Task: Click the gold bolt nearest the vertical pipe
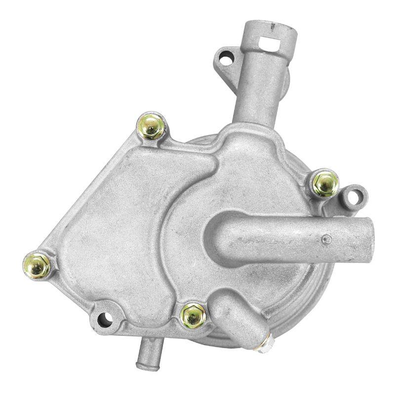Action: point(152,126)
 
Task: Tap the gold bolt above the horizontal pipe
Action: point(326,183)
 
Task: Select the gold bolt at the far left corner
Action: point(37,266)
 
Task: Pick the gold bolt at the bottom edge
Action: point(193,316)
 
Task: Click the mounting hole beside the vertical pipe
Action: point(226,60)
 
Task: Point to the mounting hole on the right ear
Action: point(352,197)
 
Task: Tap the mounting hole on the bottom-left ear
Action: point(104,319)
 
